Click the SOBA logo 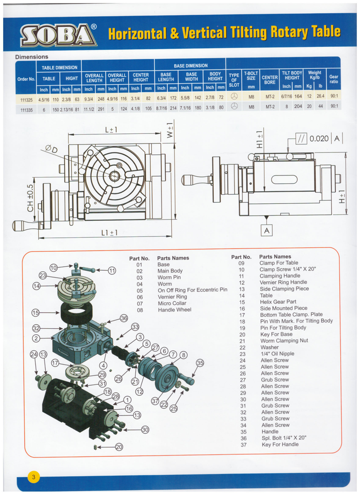58,35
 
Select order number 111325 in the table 26,98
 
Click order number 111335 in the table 26,107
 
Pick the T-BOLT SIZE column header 251,76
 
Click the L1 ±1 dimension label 109,232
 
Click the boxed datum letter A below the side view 267,230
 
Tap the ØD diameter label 51,149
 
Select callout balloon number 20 119,447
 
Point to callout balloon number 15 36,313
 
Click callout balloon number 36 124,318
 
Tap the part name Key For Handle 280,444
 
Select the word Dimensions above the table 31,57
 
